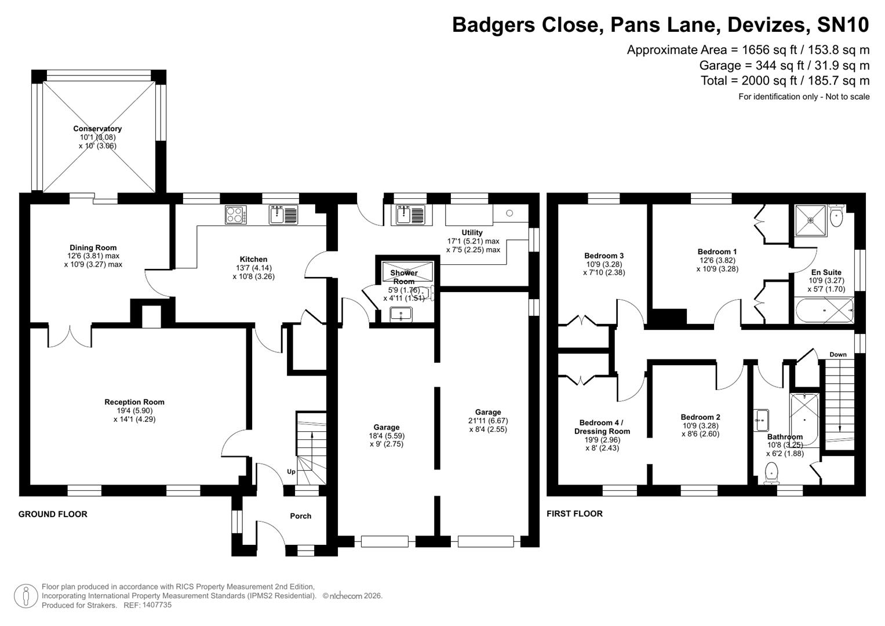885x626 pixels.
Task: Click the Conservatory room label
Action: pos(97,129)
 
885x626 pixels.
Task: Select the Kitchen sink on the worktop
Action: pos(283,215)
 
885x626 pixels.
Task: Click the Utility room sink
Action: pos(410,215)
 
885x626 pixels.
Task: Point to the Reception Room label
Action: pos(134,402)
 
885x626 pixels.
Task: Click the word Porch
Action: pos(300,516)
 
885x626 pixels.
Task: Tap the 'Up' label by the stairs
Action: pos(291,472)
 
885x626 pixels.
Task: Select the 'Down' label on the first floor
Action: pos(837,355)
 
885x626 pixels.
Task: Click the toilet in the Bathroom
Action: pos(771,472)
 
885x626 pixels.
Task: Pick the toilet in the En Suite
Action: pos(836,217)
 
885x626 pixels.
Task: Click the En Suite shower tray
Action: pos(811,220)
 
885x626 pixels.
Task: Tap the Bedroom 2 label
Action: pos(700,417)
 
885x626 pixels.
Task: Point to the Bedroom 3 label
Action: pos(604,256)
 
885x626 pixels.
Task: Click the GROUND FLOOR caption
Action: pos(53,514)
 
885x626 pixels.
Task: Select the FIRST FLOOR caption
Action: pos(574,514)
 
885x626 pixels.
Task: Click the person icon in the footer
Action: pos(26,596)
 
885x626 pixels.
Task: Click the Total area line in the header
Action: pos(785,81)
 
